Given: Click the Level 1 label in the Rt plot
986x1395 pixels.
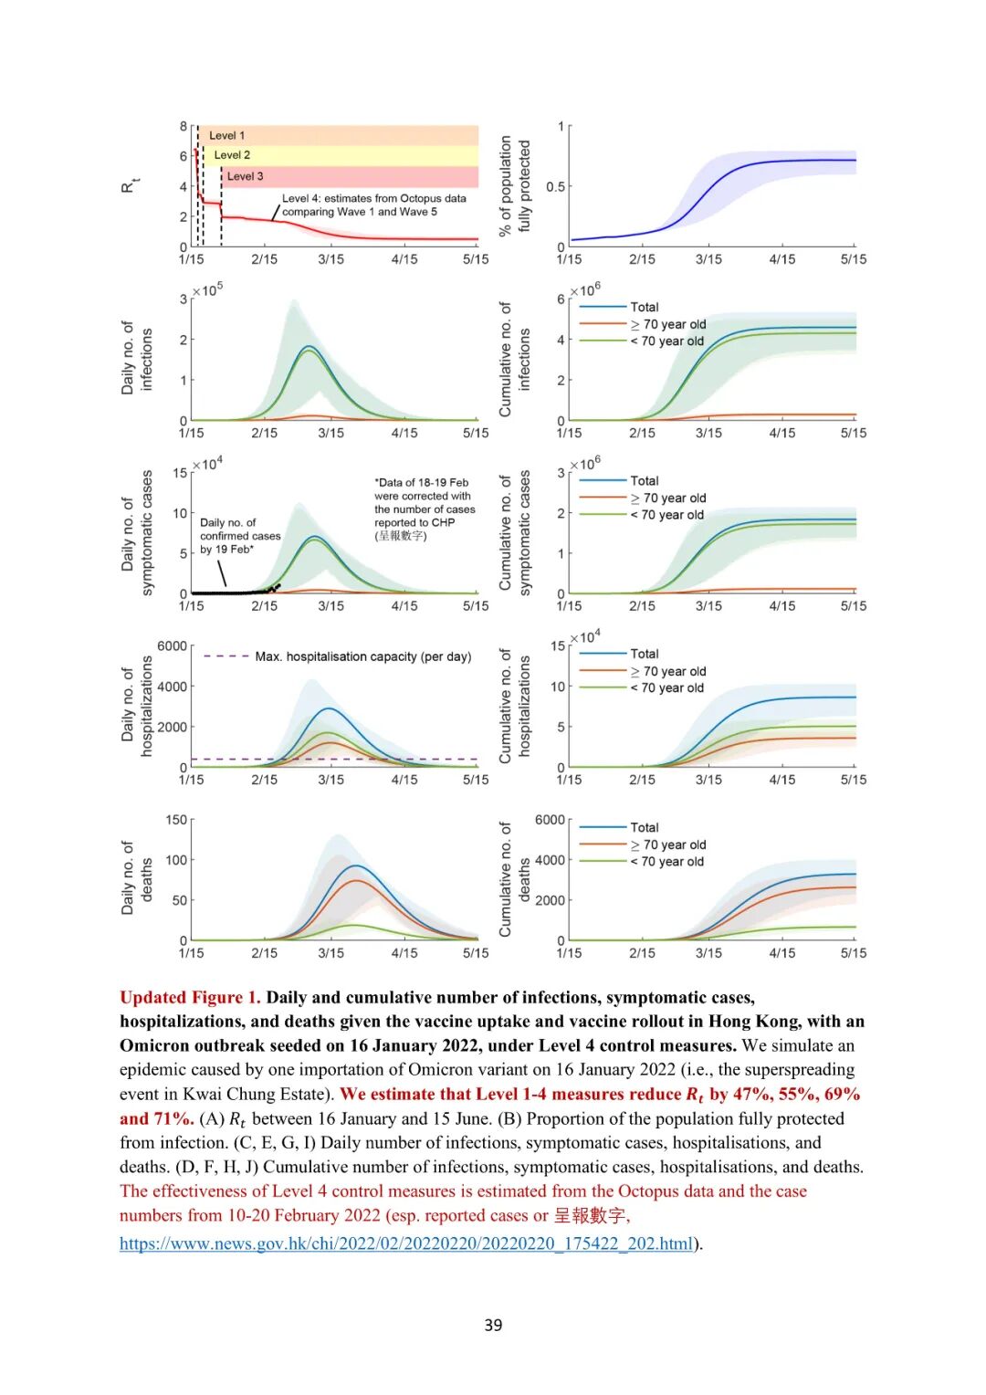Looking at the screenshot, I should pyautogui.click(x=226, y=135).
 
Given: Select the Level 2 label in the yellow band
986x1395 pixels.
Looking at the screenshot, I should pyautogui.click(x=232, y=155).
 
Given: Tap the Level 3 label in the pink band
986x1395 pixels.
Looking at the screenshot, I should pyautogui.click(x=245, y=176).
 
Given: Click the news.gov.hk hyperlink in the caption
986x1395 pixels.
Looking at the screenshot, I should pyautogui.click(x=406, y=1243).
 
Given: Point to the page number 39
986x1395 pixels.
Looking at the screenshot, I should pyautogui.click(x=493, y=1325).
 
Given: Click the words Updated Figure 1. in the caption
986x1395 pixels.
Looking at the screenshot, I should pyautogui.click(x=190, y=998).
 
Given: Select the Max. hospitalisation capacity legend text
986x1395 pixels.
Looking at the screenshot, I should pyautogui.click(x=362, y=656).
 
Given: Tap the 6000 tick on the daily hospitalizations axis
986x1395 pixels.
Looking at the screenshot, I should pyautogui.click(x=172, y=646).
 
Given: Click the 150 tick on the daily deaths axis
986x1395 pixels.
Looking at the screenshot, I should pyautogui.click(x=176, y=820).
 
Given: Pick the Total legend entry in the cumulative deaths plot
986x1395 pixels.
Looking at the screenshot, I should pyautogui.click(x=644, y=827).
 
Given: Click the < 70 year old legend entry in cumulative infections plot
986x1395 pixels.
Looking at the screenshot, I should pyautogui.click(x=666, y=341).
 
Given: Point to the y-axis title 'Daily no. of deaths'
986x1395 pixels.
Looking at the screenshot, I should pyautogui.click(x=137, y=878).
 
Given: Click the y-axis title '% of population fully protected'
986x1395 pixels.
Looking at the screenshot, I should pyautogui.click(x=515, y=186).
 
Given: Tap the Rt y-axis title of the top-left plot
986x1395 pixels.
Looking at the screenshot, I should pyautogui.click(x=129, y=185).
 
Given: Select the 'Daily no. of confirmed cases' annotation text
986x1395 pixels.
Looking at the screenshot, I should pyautogui.click(x=240, y=536).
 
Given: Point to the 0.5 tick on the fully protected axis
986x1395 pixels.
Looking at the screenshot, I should pyautogui.click(x=555, y=187).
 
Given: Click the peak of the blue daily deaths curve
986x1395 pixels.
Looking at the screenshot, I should pyautogui.click(x=357, y=865).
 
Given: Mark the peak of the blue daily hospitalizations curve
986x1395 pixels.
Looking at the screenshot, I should pyautogui.click(x=329, y=708).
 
